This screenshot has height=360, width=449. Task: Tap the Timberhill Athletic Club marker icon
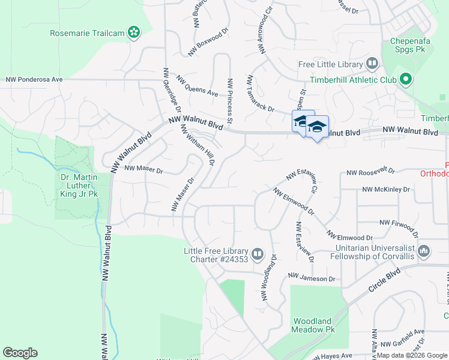(406, 79)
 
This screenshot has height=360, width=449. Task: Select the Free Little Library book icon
(372, 64)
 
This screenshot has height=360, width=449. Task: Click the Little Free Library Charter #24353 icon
(258, 254)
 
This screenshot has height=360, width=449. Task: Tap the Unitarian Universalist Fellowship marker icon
(424, 251)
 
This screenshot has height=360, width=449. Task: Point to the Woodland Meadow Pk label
(312, 325)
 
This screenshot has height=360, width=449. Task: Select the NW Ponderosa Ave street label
(34, 79)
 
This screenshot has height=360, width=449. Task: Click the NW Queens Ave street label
(197, 86)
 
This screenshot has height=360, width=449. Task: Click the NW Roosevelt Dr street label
(370, 172)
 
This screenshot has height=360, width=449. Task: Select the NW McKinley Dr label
(385, 190)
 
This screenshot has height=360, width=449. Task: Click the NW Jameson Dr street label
(311, 278)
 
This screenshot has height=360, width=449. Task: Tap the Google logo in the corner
(20, 353)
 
